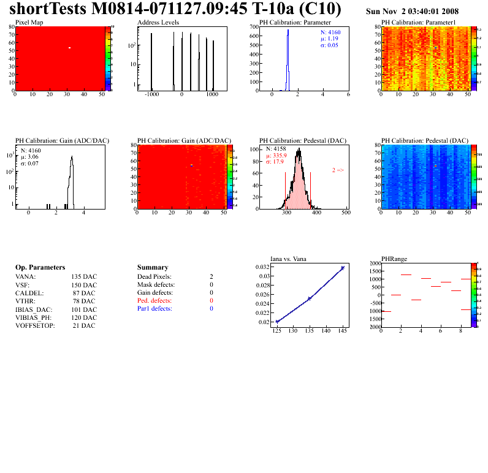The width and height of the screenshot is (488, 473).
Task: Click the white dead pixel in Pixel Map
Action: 70,48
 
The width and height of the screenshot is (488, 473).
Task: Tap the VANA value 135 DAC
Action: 84,276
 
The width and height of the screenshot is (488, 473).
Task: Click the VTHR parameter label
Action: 26,301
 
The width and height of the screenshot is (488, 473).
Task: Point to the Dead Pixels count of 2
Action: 211,276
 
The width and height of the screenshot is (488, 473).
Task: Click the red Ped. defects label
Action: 154,301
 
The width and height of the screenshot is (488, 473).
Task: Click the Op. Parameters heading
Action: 40,268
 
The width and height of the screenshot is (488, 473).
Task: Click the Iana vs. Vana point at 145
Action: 342,268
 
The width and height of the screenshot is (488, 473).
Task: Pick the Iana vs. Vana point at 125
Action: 277,322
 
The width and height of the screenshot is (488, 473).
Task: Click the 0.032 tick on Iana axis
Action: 262,268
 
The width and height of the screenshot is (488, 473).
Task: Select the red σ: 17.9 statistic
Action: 276,162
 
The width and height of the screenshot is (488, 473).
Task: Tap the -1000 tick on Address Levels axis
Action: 151,95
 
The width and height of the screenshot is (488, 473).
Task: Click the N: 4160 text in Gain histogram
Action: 31,149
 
